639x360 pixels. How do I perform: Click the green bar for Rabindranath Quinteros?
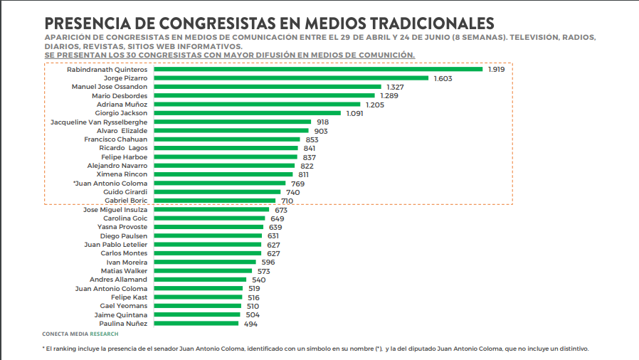point(318,69)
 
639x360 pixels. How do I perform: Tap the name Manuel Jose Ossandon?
point(110,87)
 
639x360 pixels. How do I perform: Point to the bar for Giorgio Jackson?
point(248,113)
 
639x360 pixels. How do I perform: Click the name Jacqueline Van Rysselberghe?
point(99,122)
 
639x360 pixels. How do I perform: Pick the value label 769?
point(297,184)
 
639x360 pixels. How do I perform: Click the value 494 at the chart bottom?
point(250,324)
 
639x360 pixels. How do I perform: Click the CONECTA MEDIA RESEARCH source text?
point(80,334)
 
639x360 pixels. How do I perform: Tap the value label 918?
point(322,122)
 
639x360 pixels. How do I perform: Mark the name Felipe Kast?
point(129,297)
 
